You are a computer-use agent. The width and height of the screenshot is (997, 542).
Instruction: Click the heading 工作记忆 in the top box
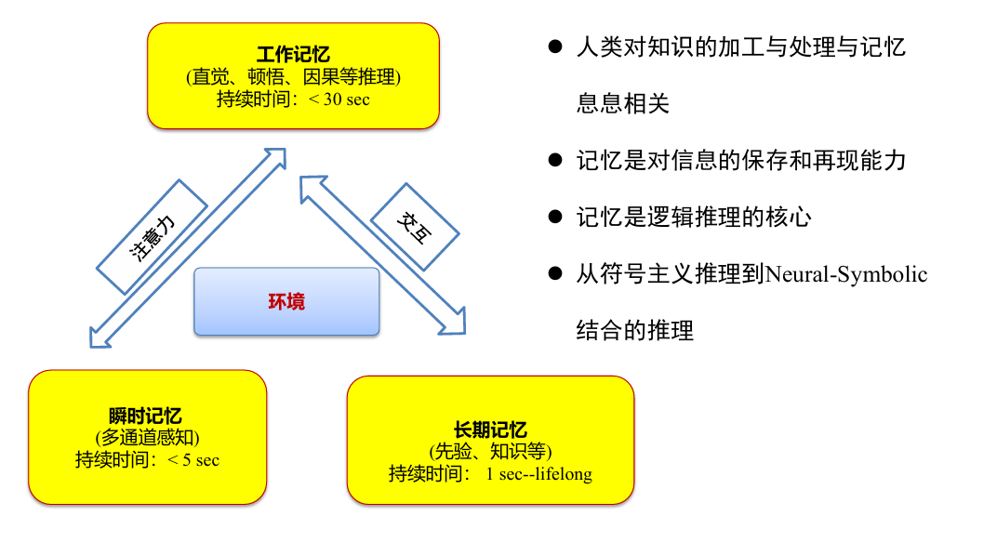pos(293,56)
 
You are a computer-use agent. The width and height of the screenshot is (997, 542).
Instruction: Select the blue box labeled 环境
pos(286,301)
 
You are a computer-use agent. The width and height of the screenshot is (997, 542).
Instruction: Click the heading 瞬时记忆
pos(146,416)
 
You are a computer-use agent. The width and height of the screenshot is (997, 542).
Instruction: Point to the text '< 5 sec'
pos(193,459)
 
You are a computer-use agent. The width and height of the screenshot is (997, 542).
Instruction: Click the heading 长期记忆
pos(490,430)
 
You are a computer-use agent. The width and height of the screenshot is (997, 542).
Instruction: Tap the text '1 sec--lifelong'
pos(538,473)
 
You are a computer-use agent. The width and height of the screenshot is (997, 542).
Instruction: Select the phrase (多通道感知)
pos(147,437)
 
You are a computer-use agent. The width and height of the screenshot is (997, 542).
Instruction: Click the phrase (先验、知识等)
pos(490,452)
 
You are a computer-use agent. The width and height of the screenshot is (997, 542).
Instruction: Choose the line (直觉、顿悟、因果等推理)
pos(293,77)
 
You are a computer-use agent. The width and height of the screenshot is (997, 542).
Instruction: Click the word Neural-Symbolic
pos(847,274)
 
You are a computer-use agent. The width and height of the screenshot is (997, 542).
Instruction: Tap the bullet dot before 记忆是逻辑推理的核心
pos(555,217)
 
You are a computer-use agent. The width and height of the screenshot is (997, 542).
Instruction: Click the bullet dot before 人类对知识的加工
pos(555,46)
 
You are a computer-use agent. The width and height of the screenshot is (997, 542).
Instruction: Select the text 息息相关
pos(622,103)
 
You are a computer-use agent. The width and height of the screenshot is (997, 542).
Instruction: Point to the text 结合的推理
pos(634,331)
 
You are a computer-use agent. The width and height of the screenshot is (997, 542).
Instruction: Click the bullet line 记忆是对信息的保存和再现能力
pos(740,160)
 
